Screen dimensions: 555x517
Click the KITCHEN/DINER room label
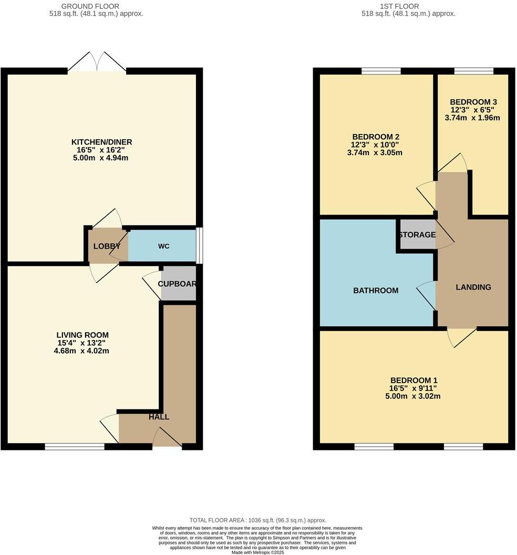(101, 142)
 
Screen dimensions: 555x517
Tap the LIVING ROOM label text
(82, 335)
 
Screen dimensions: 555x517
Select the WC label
(163, 246)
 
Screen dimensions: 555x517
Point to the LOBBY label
(107, 246)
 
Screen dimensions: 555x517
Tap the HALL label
(159, 417)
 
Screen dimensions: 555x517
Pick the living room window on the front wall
(75, 447)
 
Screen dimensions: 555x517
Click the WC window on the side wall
(199, 245)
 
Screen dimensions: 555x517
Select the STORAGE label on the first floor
(417, 234)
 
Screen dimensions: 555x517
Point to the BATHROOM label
(376, 290)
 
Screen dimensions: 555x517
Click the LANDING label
(473, 287)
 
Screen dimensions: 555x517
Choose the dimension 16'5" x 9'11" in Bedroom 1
(413, 388)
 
